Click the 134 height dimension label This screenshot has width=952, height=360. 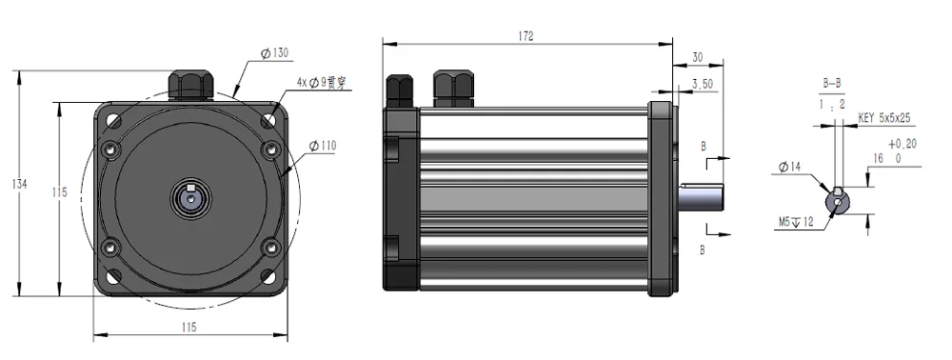(x=20, y=184)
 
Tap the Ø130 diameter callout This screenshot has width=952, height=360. (x=275, y=53)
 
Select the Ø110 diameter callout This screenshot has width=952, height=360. (x=322, y=146)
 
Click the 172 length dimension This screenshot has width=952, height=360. (x=526, y=36)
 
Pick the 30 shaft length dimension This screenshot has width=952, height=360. (x=698, y=58)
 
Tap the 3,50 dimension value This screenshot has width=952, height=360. (x=703, y=85)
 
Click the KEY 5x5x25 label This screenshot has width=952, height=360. (x=884, y=118)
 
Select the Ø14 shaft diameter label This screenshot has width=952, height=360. (x=789, y=167)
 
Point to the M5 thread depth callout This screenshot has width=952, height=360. (x=796, y=222)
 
